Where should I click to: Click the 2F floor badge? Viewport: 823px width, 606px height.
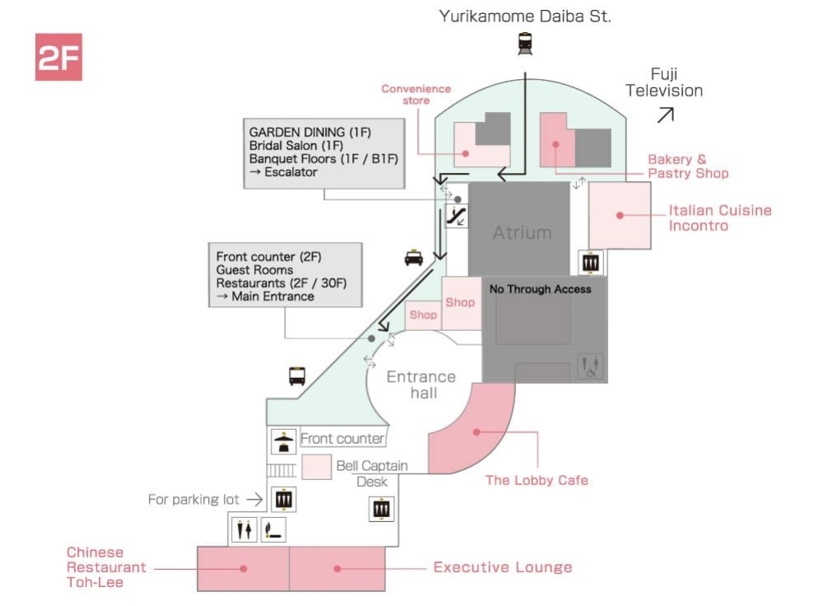(58, 57)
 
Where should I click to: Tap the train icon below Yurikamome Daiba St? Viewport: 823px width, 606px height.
(525, 44)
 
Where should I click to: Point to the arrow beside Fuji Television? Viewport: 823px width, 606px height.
(665, 115)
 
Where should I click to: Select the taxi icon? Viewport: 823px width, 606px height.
(413, 259)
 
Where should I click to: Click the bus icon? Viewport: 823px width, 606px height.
(297, 376)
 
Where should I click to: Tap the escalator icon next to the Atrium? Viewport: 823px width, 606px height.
(457, 217)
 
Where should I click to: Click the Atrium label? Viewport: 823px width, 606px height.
(522, 233)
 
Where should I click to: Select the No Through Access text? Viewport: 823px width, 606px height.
(540, 289)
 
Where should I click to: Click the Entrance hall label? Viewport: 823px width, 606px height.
(421, 385)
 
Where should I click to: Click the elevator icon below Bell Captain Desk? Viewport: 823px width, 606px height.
(381, 509)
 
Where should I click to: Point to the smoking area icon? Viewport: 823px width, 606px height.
(273, 530)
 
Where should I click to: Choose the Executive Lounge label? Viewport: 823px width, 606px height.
(502, 567)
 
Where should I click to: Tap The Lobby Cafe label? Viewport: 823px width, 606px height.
(537, 480)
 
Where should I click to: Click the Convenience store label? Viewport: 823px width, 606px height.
(416, 95)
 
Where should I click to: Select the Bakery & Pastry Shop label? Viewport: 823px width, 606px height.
(688, 166)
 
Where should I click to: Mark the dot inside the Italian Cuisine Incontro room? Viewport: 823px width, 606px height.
(618, 216)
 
